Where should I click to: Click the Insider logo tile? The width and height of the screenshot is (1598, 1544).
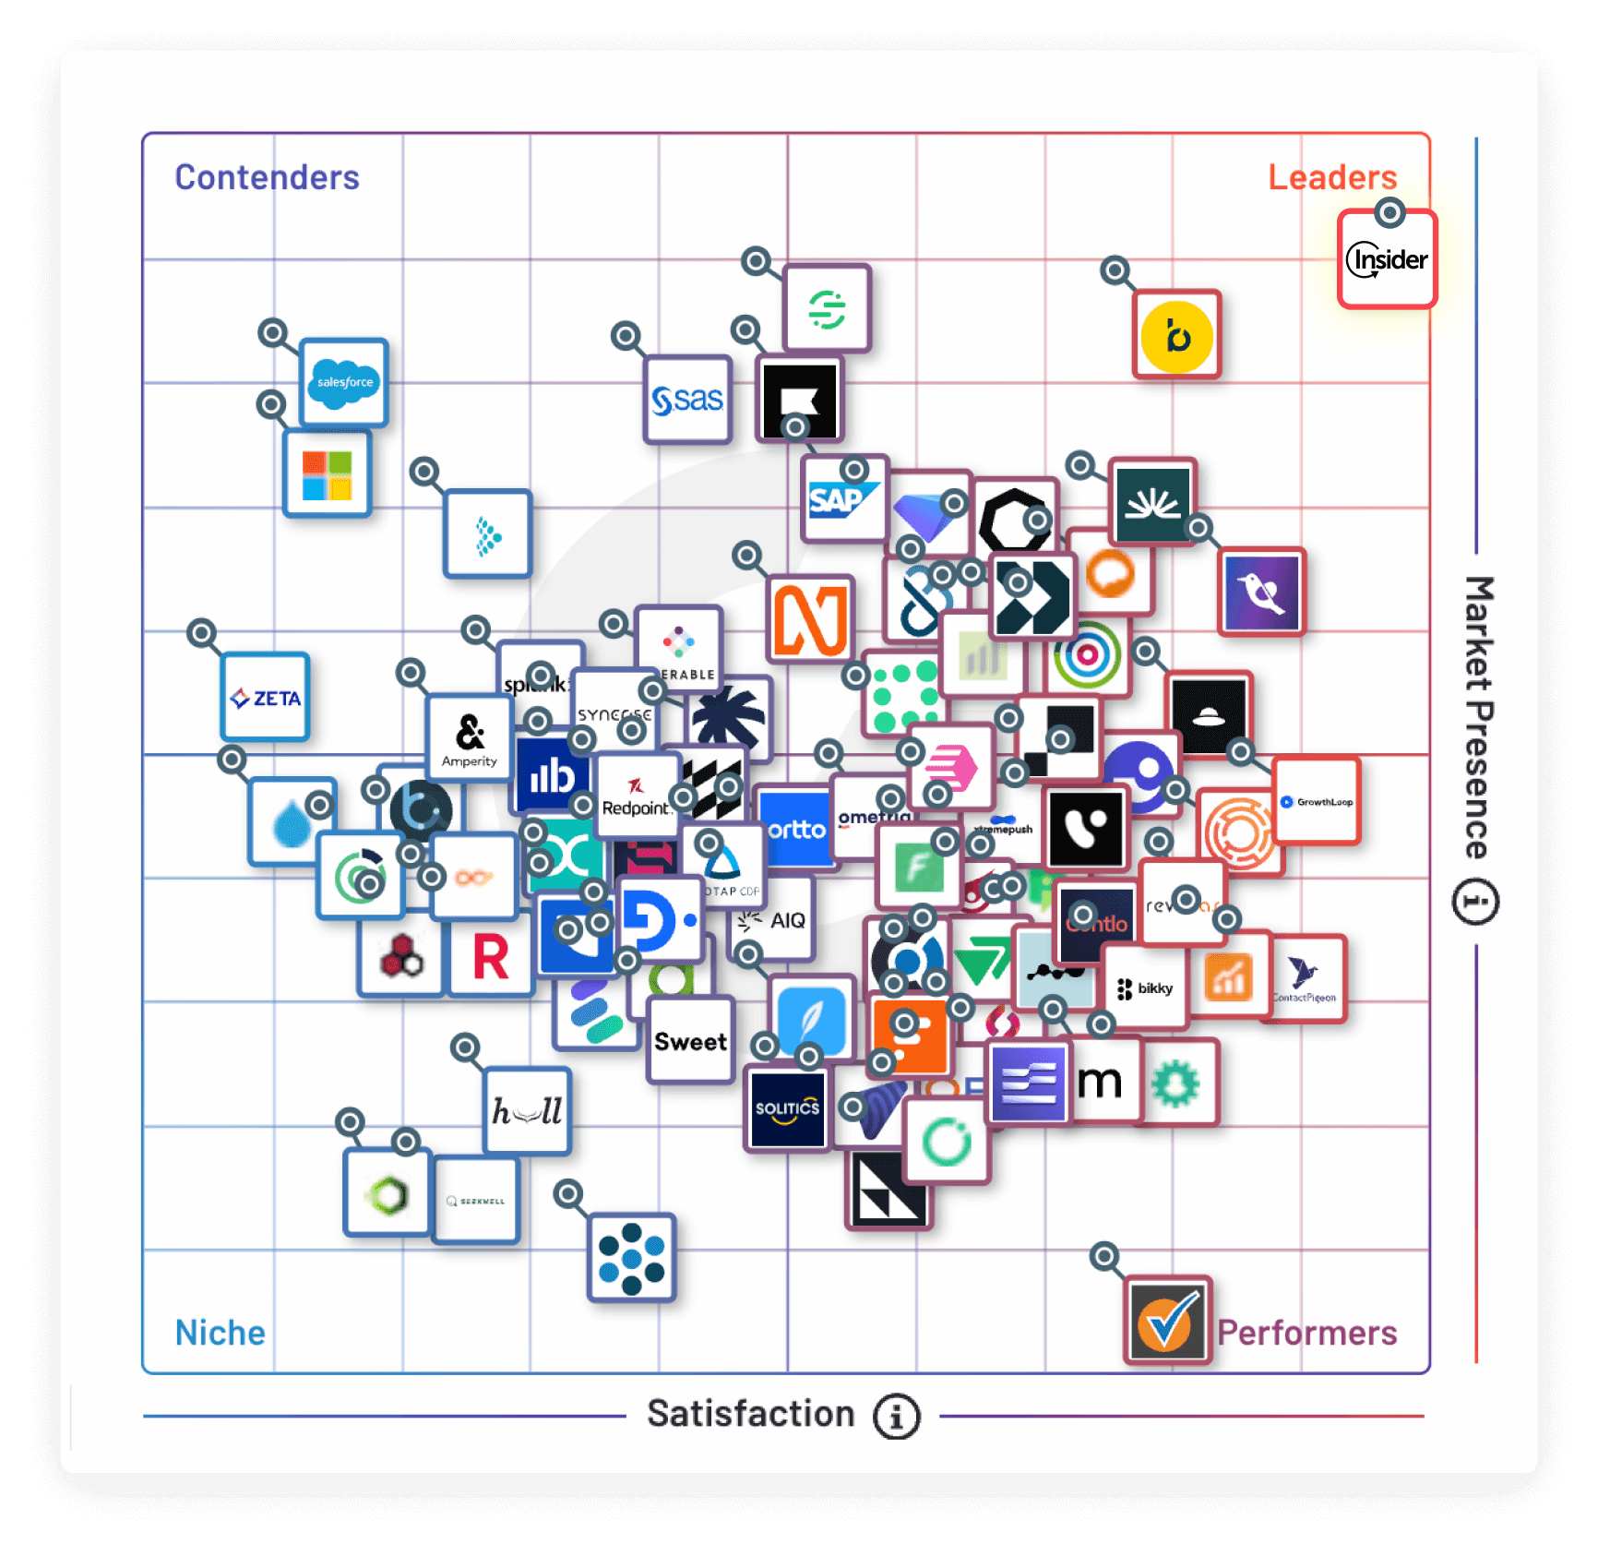click(x=1387, y=259)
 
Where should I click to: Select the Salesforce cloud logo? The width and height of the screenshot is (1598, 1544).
click(x=344, y=382)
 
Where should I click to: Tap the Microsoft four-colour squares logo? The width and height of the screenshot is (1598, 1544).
click(x=327, y=474)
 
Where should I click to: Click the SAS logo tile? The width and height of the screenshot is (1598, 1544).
click(x=687, y=400)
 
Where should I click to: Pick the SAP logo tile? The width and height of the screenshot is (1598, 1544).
click(x=843, y=499)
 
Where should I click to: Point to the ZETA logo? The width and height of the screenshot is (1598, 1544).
click(x=265, y=698)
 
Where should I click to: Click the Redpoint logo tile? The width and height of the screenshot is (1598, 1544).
click(x=636, y=796)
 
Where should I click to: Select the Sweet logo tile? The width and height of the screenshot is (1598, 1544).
click(x=690, y=1041)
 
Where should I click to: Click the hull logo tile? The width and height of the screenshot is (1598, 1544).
click(x=527, y=1111)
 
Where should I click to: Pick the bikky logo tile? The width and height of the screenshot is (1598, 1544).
click(x=1145, y=988)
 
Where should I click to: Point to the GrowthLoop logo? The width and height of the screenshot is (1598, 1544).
click(x=1318, y=801)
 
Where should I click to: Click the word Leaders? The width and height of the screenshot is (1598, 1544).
click(x=1332, y=177)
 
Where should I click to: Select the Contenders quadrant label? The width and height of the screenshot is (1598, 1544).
click(x=267, y=177)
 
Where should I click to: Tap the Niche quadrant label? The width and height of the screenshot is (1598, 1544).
click(x=221, y=1333)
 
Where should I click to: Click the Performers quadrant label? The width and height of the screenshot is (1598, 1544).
click(x=1306, y=1333)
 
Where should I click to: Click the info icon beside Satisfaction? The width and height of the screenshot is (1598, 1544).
click(x=897, y=1416)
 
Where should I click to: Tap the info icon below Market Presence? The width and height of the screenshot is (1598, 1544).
click(x=1475, y=902)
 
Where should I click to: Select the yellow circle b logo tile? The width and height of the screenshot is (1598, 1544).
click(x=1176, y=336)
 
